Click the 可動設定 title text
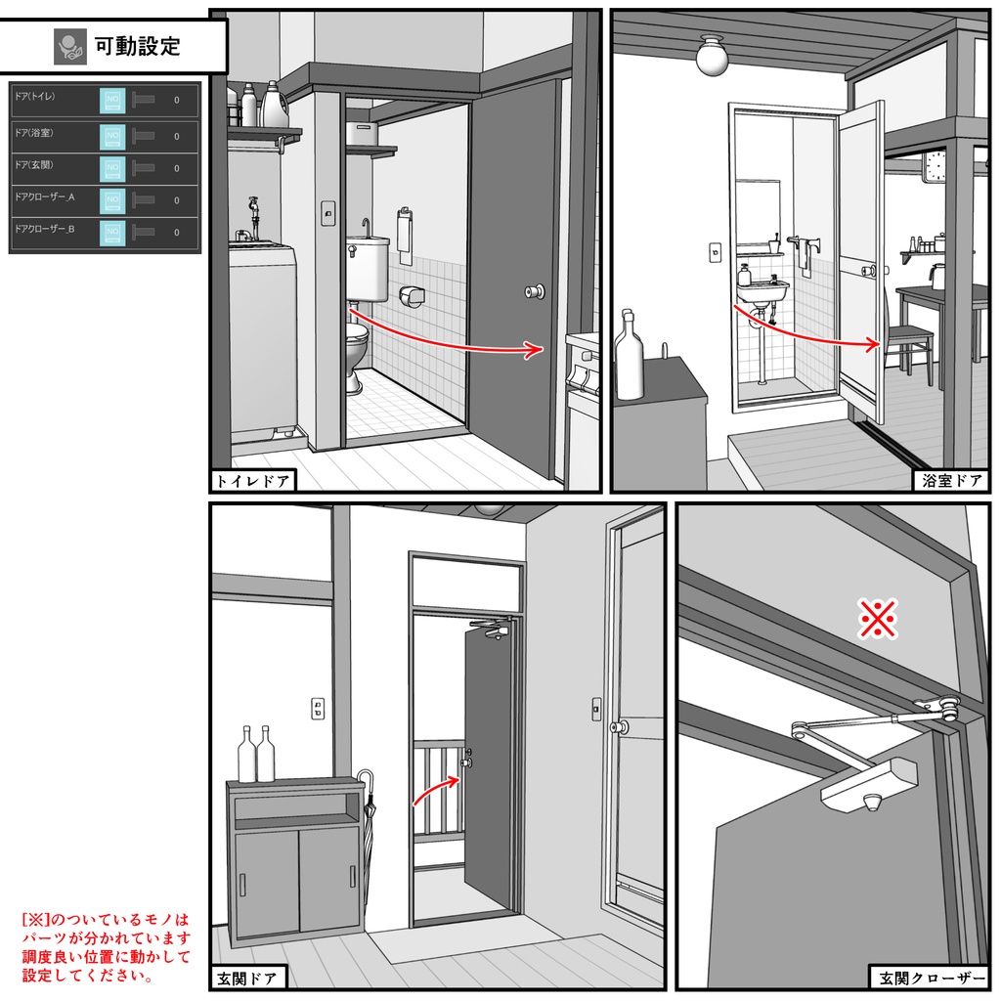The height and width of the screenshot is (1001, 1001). tap(137, 45)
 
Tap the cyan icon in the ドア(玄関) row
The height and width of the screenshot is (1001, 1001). tap(112, 167)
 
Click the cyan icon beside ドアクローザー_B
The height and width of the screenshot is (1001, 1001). tap(112, 233)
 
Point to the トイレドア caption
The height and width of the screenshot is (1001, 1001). tap(252, 480)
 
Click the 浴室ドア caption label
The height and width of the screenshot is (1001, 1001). tap(952, 480)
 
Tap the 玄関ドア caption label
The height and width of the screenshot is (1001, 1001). tap(247, 978)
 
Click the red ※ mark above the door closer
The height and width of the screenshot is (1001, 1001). tap(878, 618)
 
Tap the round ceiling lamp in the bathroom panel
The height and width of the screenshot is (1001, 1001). tap(713, 57)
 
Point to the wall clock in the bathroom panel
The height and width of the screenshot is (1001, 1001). tap(936, 166)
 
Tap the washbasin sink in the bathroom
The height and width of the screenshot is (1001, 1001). tap(762, 291)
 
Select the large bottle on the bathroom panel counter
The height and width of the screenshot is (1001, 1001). tap(630, 357)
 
